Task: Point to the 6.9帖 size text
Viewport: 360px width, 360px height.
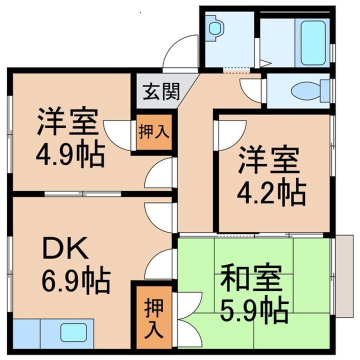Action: [75, 281]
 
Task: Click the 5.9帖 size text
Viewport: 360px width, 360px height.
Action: [254, 311]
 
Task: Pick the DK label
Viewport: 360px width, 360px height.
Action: [64, 246]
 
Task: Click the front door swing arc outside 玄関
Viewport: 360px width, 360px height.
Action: [180, 50]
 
